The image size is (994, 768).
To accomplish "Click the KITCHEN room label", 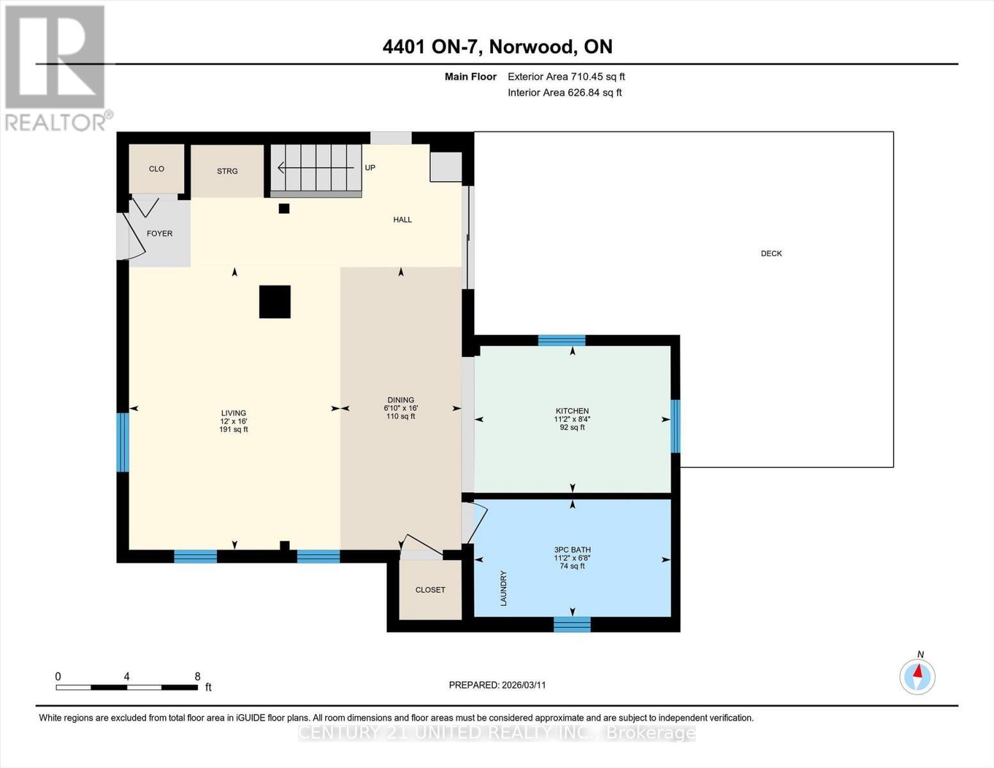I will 572,411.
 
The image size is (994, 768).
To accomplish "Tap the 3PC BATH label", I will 572,550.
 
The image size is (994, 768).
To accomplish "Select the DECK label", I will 771,253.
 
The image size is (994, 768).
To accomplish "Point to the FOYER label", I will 159,234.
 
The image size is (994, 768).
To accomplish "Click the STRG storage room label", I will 227,171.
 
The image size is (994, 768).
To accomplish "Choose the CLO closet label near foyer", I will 156,169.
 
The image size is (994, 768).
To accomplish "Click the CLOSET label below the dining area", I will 429,590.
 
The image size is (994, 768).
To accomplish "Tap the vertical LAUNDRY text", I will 504,588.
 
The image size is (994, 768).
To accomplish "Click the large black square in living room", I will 275,301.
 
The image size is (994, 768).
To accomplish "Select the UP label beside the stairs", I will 370,168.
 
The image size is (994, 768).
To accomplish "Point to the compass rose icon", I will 917,676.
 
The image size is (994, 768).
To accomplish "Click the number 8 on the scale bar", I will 197,676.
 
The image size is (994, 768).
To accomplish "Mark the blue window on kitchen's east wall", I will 675,426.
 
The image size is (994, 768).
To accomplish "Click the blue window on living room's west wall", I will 122,442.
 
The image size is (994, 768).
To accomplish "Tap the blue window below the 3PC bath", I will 572,624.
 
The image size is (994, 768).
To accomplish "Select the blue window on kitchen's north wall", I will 561,340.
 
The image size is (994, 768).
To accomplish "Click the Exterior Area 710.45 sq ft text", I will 566,77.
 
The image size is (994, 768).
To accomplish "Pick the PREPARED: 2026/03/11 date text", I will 497,685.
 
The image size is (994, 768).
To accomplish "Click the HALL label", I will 402,220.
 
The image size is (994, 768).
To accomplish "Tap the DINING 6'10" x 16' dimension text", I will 401,408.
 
